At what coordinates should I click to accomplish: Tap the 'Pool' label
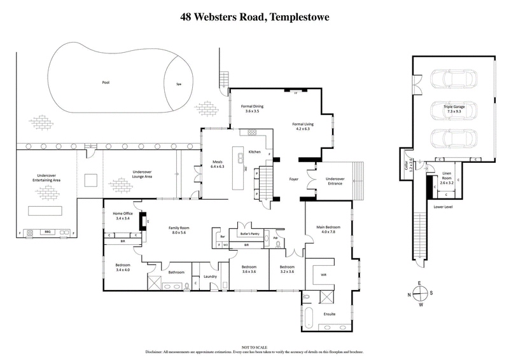[106, 82]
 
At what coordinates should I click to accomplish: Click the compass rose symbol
[419, 294]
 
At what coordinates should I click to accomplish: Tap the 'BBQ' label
[47, 232]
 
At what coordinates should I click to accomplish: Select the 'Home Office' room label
[122, 215]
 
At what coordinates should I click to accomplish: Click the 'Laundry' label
[211, 277]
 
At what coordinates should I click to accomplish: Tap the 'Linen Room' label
[445, 181]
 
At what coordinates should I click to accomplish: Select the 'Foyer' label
[294, 179]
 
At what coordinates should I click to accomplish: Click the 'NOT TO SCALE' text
[254, 347]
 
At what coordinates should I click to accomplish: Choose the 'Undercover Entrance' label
[330, 181]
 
